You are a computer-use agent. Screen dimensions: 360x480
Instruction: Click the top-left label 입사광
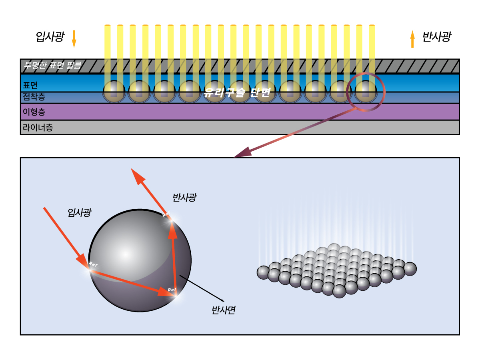[50, 37]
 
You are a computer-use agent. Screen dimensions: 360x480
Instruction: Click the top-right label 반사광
[437, 37]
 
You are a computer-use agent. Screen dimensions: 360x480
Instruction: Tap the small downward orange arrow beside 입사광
[74, 39]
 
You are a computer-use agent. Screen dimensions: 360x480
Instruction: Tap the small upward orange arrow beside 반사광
[412, 39]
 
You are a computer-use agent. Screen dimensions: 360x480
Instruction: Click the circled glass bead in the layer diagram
[366, 92]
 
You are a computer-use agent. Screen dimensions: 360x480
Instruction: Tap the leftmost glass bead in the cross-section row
[114, 92]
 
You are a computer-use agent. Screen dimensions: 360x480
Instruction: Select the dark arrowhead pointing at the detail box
[242, 153]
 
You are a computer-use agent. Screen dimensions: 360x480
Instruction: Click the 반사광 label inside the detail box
[184, 197]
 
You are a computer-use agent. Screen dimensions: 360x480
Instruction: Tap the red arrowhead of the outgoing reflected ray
[138, 176]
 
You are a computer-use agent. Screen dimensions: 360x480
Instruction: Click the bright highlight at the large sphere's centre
[125, 254]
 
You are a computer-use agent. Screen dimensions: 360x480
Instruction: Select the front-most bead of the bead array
[339, 291]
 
